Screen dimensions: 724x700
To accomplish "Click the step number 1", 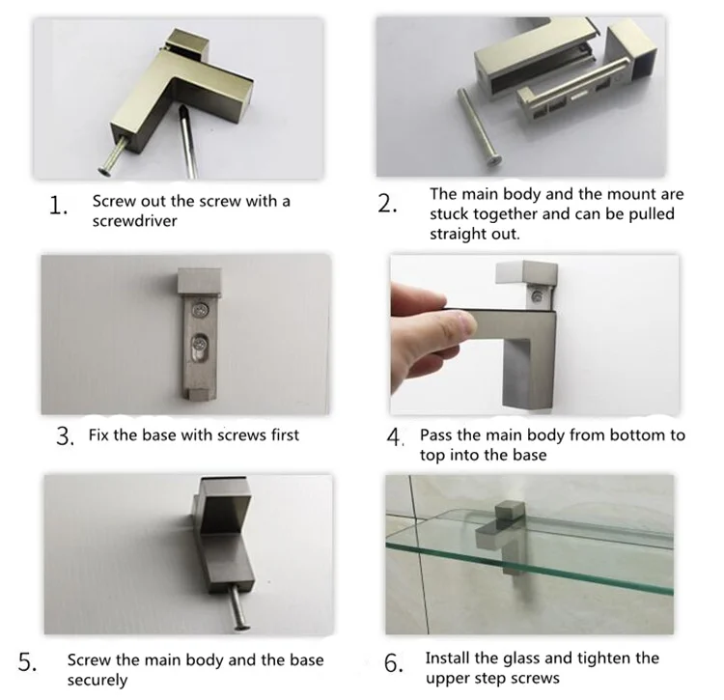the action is point(58,206).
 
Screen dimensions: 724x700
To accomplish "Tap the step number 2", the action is point(387,204).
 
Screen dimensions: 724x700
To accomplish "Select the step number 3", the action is point(65,435).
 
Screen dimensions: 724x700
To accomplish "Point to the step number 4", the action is point(395,436).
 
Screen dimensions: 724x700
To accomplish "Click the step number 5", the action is point(27,661).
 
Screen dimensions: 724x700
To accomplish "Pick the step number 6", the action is point(393,663).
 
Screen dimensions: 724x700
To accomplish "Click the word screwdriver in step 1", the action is point(134,221).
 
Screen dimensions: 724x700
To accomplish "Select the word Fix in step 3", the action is point(98,434).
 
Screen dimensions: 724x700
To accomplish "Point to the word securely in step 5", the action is point(97,680).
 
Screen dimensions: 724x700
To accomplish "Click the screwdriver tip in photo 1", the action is point(183,110).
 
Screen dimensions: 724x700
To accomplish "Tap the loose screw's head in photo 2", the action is point(494,160).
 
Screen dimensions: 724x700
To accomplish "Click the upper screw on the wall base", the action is point(200,309).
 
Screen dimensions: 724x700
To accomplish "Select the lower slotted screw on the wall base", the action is point(199,344).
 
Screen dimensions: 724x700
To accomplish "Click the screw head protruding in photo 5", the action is point(242,627).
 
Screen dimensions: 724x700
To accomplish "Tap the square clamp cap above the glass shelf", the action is point(510,512).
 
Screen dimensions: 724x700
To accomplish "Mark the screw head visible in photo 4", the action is point(537,296).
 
